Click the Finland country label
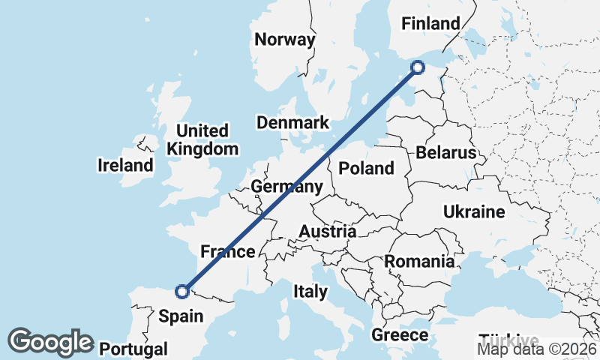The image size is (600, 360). [430, 24]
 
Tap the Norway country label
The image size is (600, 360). [284, 40]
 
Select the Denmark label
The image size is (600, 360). [292, 123]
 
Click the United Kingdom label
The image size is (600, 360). [202, 139]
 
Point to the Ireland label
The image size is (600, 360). [125, 165]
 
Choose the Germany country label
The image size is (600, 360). [287, 186]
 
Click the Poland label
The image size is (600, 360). [366, 167]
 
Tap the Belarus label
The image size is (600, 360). [446, 153]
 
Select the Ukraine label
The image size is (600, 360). [474, 211]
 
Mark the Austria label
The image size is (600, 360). [327, 232]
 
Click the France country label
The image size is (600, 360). [229, 251]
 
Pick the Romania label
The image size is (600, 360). [419, 262]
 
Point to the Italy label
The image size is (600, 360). [310, 291]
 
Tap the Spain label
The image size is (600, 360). [181, 316]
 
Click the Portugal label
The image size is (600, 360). [133, 349]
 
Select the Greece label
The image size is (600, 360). [400, 334]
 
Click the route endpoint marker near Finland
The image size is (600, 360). [418, 68]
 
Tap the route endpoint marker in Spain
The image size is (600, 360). [181, 292]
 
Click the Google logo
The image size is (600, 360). [50, 342]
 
